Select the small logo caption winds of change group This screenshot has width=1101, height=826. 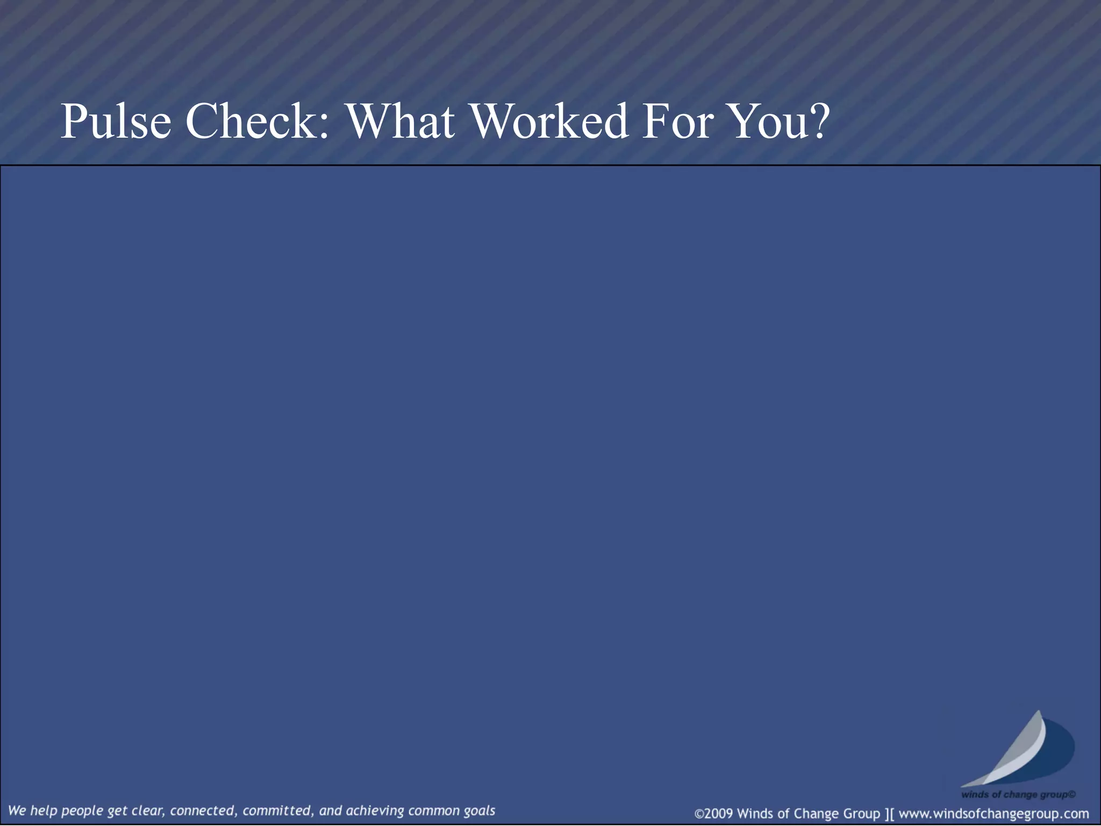1018,794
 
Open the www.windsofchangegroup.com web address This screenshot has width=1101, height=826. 993,813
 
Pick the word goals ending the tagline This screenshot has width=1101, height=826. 479,810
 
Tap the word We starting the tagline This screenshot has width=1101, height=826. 17,810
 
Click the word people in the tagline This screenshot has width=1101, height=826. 81,810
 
